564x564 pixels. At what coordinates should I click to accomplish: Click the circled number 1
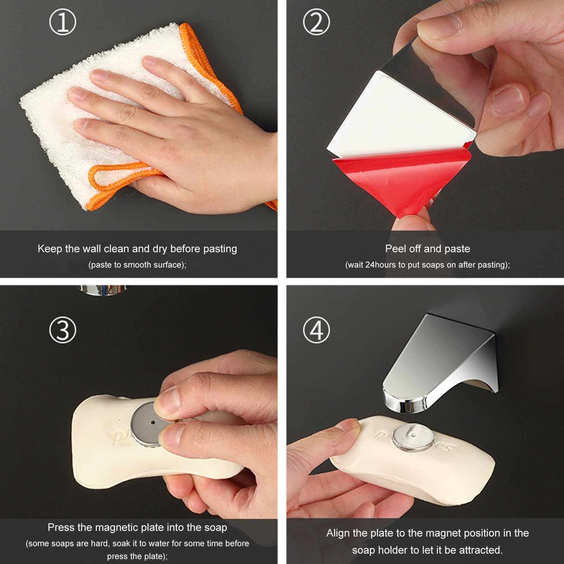pyautogui.click(x=63, y=22)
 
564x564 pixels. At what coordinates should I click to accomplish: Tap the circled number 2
pyautogui.click(x=316, y=22)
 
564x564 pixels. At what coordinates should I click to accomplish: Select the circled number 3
pyautogui.click(x=63, y=330)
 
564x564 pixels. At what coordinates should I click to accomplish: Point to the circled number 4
pyautogui.click(x=316, y=330)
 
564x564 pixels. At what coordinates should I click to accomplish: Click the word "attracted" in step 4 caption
pyautogui.click(x=477, y=550)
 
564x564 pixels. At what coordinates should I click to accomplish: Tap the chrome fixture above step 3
pyautogui.click(x=102, y=290)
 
